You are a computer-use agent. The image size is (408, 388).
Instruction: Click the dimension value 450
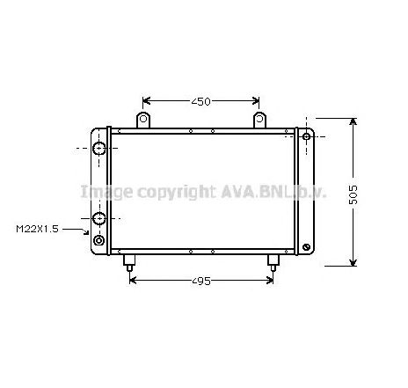point(201,102)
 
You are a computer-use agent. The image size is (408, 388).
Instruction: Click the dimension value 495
point(201,282)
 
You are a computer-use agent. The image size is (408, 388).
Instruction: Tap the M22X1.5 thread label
point(36,230)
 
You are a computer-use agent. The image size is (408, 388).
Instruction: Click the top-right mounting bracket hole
point(259,118)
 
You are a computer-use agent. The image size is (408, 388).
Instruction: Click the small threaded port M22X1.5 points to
point(98,239)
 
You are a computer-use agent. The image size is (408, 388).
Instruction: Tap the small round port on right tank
point(306,138)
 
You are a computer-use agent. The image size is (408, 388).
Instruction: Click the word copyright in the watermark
point(169,192)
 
